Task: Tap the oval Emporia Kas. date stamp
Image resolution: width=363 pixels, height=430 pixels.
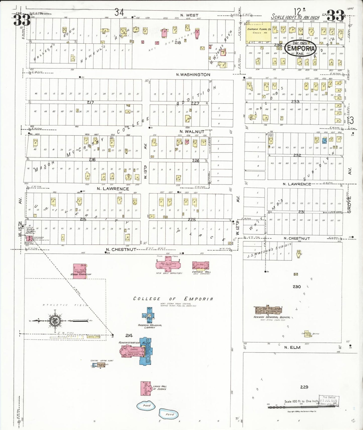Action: [301, 48]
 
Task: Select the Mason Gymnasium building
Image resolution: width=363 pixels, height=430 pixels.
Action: [80, 271]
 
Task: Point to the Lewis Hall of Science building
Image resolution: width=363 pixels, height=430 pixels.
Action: [145, 388]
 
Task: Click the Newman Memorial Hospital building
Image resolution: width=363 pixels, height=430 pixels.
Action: [268, 310]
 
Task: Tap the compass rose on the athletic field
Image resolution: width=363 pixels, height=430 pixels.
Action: [55, 320]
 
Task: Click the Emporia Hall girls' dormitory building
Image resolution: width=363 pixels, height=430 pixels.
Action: [201, 265]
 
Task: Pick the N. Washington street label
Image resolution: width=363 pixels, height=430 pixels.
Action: [193, 75]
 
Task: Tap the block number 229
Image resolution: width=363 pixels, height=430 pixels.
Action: [304, 387]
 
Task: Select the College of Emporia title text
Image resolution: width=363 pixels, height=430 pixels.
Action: [173, 299]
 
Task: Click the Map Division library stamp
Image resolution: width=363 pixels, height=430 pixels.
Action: [329, 401]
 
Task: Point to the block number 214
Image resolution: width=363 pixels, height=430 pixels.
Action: [129, 335]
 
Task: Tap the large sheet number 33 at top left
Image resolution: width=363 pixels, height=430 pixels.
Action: [22, 20]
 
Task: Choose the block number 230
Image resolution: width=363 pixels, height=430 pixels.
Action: [296, 286]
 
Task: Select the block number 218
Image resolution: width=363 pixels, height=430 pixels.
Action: [178, 43]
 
